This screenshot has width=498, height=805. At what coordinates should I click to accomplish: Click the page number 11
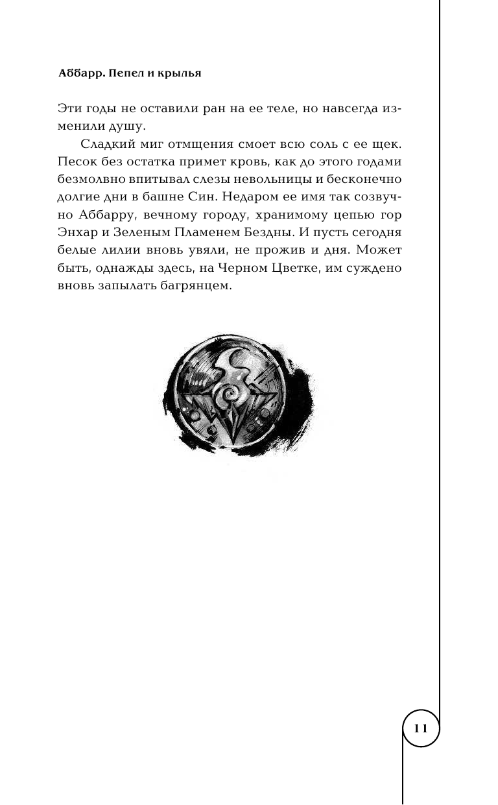(421, 728)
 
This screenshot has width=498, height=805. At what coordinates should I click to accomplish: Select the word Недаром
(268, 197)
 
